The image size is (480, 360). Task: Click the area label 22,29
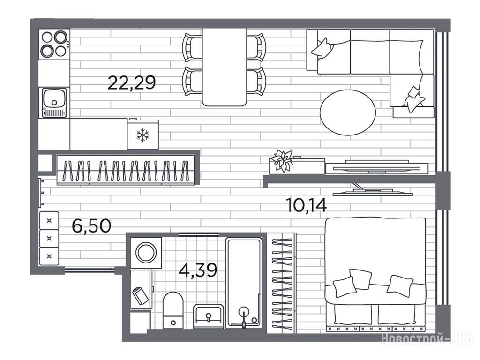click(132, 82)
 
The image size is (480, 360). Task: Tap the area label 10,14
click(306, 205)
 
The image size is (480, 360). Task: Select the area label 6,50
click(91, 226)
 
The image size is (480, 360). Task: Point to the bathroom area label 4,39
click(198, 270)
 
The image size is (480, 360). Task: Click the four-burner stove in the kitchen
click(54, 44)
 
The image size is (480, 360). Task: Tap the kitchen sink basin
click(54, 98)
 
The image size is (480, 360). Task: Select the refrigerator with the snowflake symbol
click(143, 135)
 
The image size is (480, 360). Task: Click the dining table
click(225, 67)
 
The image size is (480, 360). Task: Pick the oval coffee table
click(348, 112)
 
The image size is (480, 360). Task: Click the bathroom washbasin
click(209, 316)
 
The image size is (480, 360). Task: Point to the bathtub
click(244, 283)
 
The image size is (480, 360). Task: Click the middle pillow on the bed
click(360, 279)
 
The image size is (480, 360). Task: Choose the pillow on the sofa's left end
click(322, 48)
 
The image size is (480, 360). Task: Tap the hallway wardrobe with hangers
click(126, 170)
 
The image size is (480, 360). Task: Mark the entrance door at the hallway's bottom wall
click(90, 270)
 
